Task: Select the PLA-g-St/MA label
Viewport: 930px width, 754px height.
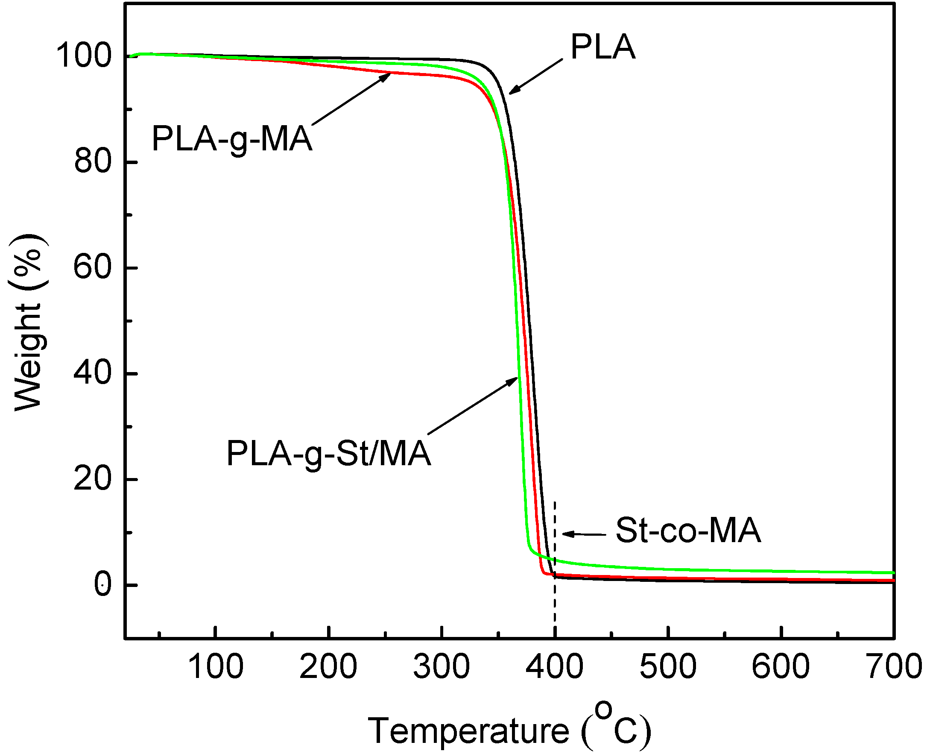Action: [329, 453]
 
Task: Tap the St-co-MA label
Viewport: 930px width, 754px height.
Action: [688, 530]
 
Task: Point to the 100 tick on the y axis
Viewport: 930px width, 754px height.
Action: [84, 56]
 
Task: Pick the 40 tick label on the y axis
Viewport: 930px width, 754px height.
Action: [93, 373]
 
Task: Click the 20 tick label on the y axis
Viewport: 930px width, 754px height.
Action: [93, 479]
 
